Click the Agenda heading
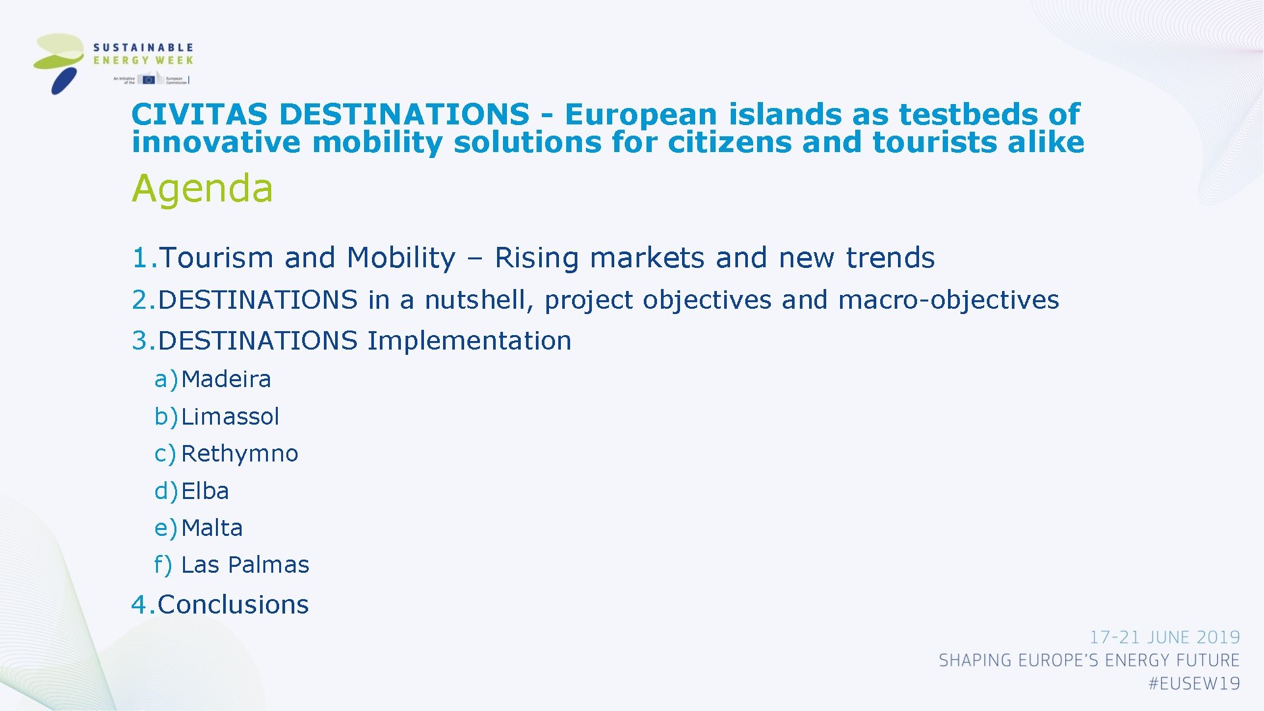pos(202,189)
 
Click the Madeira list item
pos(226,379)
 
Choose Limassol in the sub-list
pos(230,417)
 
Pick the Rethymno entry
pos(240,454)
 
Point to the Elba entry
pos(205,491)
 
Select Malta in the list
pos(212,528)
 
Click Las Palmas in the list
pos(245,565)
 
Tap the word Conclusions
pos(233,604)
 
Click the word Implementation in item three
pos(469,341)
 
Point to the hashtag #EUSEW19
pos(1194,684)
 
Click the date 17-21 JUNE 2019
pos(1164,637)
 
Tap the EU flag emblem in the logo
pos(149,80)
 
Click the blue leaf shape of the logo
pos(64,82)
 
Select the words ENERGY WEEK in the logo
pos(143,61)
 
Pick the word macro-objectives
pos(948,300)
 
